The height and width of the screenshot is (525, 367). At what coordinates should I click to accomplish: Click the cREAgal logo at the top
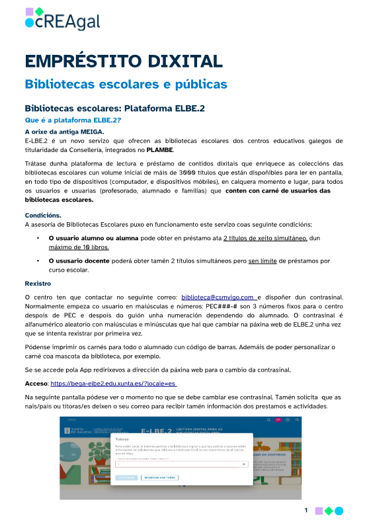62,19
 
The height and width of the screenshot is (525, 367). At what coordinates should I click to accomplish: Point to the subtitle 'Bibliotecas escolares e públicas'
126,85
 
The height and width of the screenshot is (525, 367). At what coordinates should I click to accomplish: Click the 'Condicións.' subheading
43,215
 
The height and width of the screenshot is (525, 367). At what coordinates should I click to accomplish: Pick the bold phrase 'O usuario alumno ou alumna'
90,237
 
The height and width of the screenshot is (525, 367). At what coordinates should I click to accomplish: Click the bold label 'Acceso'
35,382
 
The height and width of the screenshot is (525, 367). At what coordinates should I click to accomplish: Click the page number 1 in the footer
307,510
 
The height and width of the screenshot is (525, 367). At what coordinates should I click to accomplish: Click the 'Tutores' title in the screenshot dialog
123,438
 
